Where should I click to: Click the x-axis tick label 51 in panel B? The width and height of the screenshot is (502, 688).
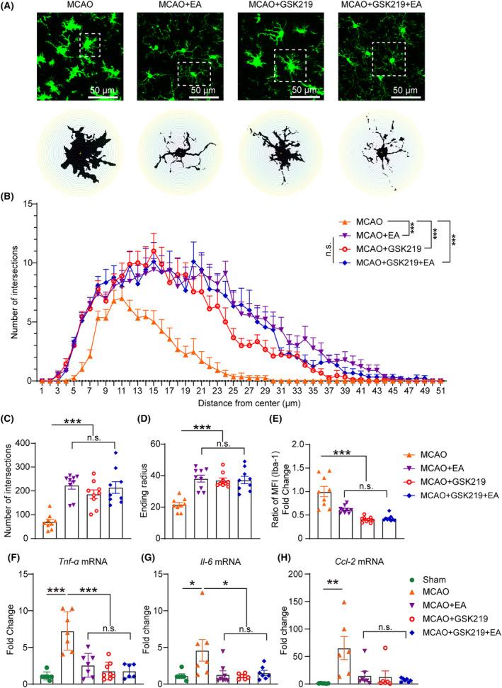[440, 391]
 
